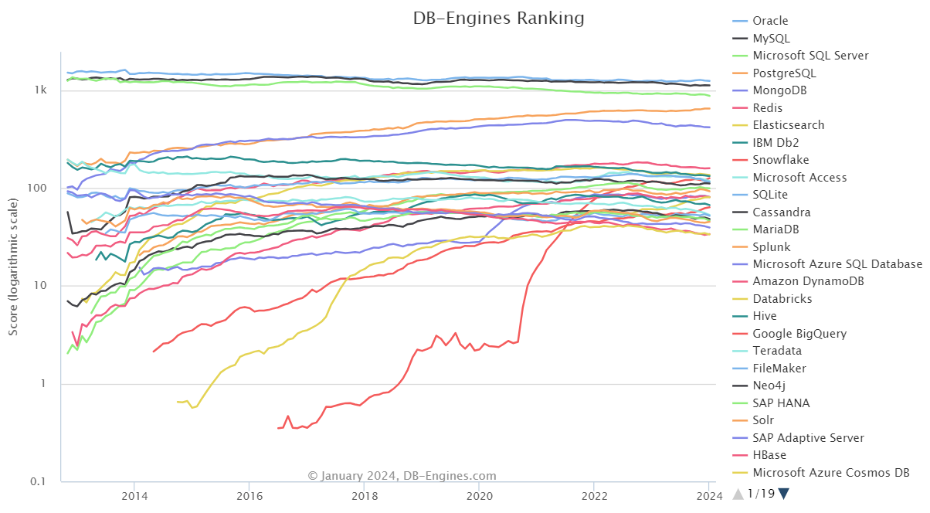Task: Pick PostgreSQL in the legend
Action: tap(784, 73)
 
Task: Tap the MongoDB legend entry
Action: tap(780, 90)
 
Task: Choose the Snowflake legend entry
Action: tap(781, 160)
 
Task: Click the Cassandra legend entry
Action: tap(782, 212)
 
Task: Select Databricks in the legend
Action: tap(782, 299)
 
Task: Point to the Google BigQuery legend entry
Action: tap(799, 334)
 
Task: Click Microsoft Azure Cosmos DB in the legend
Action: tap(830, 473)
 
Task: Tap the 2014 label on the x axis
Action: tap(134, 494)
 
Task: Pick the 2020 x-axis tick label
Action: tap(480, 494)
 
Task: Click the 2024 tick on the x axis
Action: tap(709, 494)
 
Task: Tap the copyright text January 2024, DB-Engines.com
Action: tap(402, 476)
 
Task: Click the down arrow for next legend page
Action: tap(784, 494)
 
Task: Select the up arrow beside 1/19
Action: tap(738, 494)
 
